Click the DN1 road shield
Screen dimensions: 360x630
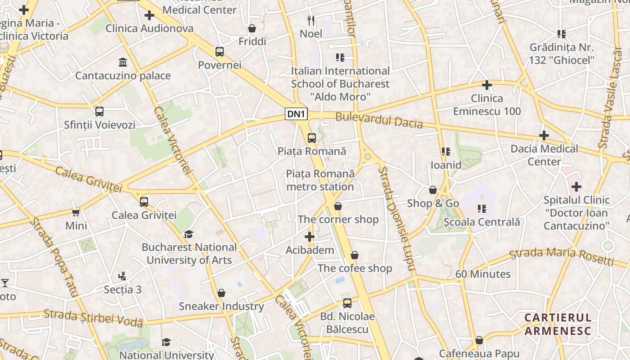click(x=296, y=114)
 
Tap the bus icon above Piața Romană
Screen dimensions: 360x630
click(x=311, y=138)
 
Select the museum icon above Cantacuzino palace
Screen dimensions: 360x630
click(x=122, y=62)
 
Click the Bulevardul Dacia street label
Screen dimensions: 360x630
click(x=379, y=120)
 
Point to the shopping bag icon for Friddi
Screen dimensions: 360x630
click(x=252, y=28)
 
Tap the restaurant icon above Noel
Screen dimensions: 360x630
click(x=310, y=20)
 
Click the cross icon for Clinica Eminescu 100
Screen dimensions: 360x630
click(x=486, y=85)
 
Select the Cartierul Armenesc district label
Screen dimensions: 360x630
click(x=558, y=324)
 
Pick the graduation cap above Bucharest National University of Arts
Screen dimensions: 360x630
click(x=189, y=234)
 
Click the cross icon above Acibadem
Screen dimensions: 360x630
click(x=310, y=237)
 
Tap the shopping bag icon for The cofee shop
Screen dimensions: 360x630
click(x=355, y=255)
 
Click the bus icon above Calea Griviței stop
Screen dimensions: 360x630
click(x=144, y=202)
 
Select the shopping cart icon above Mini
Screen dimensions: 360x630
click(x=76, y=212)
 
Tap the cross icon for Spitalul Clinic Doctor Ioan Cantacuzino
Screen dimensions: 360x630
click(x=576, y=186)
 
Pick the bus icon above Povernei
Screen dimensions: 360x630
click(x=220, y=52)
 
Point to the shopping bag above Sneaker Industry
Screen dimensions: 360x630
click(x=221, y=293)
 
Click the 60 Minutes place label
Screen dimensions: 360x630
click(x=483, y=274)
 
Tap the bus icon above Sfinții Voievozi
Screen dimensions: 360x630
click(x=99, y=111)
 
